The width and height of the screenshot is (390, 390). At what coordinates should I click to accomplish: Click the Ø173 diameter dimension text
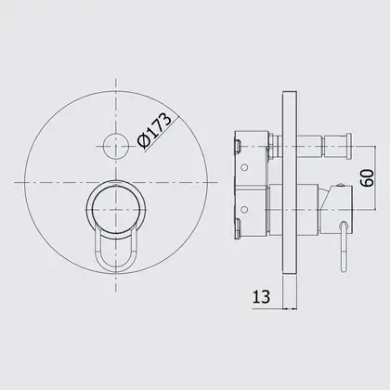pyautogui.click(x=155, y=131)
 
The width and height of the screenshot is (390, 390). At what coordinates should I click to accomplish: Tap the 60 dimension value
pyautogui.click(x=368, y=177)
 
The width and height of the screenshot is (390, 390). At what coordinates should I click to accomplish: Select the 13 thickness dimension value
pyautogui.click(x=262, y=296)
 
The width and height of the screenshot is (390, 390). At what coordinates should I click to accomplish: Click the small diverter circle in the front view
pyautogui.click(x=116, y=146)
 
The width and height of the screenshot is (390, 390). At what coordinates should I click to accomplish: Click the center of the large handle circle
pyautogui.click(x=116, y=210)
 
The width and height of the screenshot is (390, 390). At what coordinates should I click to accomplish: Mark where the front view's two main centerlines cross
pyautogui.click(x=116, y=182)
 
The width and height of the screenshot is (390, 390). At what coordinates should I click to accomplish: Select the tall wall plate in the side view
pyautogui.click(x=290, y=183)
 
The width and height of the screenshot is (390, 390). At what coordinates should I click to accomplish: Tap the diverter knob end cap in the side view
pyautogui.click(x=348, y=147)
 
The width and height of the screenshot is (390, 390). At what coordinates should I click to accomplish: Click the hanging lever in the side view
pyautogui.click(x=344, y=246)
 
